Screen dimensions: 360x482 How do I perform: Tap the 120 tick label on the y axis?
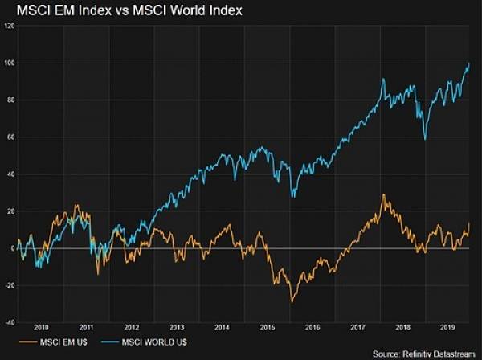coord(10,26)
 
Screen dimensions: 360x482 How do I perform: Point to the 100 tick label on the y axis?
coord(10,63)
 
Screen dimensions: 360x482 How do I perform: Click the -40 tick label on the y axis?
coord(10,323)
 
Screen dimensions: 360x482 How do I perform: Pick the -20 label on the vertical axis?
coord(10,286)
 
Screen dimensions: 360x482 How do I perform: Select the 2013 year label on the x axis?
coord(176,328)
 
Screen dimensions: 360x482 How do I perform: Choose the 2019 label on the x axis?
coord(447,328)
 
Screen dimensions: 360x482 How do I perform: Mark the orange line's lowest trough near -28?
coord(292,301)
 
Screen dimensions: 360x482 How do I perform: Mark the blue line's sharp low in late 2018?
coord(425,139)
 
